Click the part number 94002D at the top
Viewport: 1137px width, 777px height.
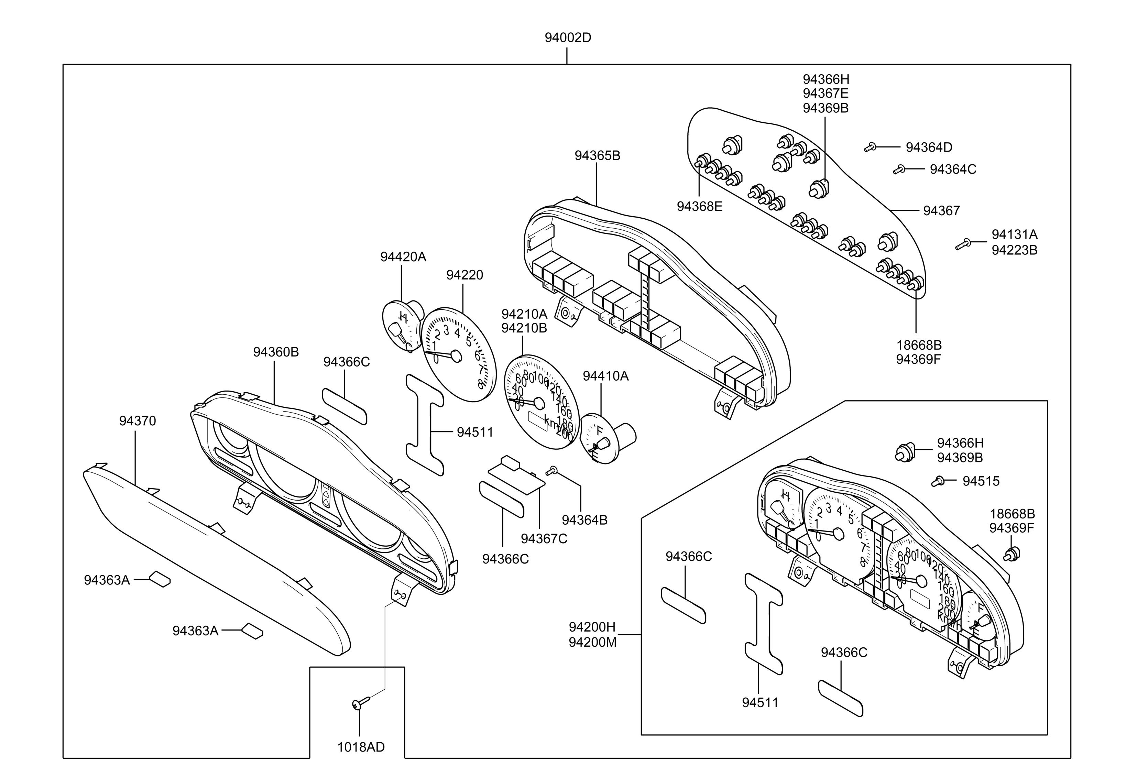pos(568,38)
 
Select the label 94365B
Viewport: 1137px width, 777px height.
pos(597,156)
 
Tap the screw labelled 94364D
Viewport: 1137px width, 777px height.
pos(869,147)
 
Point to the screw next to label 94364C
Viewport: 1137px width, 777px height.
pos(898,170)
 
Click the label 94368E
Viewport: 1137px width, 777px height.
pos(699,207)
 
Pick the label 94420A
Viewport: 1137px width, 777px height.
pos(403,257)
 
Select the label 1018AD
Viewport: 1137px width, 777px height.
pos(361,747)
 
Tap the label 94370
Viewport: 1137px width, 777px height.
pos(138,421)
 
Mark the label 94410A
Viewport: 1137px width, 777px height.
pos(605,376)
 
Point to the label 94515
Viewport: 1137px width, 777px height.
pos(981,481)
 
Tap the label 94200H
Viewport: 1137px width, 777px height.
pos(592,627)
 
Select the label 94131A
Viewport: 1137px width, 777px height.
pos(1014,234)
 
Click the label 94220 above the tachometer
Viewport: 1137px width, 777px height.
pos(464,275)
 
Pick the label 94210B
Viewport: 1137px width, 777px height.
pos(524,328)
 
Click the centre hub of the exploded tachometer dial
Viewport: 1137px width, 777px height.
pos(456,356)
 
